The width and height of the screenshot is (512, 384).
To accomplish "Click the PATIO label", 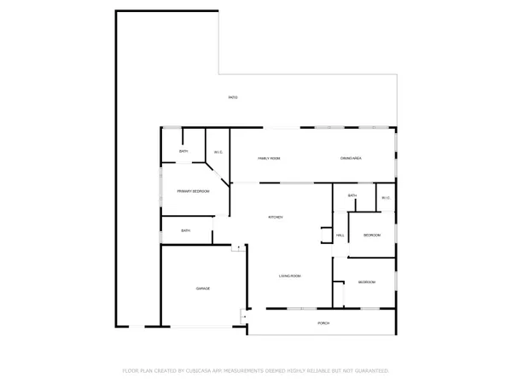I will [233, 97].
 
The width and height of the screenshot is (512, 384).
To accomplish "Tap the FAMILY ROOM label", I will [270, 159].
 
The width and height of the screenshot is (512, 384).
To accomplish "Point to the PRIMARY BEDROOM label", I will [194, 191].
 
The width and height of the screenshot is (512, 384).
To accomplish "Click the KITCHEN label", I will [276, 218].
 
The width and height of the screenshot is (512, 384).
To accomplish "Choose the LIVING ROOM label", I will [290, 276].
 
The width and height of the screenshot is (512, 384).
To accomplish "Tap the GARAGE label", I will [203, 289].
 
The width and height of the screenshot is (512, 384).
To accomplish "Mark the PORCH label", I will [323, 323].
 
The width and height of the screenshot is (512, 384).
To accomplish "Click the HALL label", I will [340, 236].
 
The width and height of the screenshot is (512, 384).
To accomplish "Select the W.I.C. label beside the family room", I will [218, 153].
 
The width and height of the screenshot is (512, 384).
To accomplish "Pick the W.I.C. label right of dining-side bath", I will [386, 198].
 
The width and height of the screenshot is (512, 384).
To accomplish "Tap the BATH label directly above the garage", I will [185, 230].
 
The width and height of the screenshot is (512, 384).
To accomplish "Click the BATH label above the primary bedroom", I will [183, 152].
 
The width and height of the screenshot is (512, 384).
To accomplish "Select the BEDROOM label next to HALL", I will [372, 235].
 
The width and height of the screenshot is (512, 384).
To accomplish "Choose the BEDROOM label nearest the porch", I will [367, 282].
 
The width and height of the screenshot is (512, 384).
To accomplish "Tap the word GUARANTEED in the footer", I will [370, 371].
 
